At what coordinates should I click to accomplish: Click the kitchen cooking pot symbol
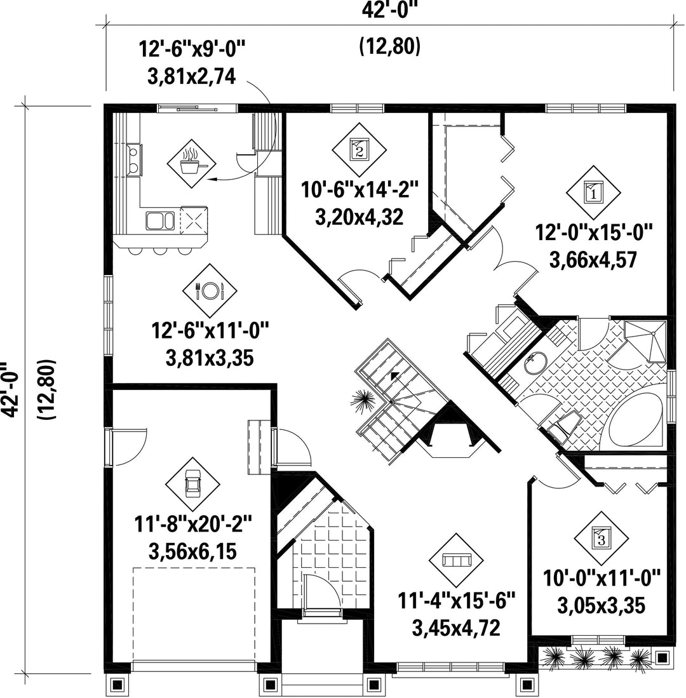191,163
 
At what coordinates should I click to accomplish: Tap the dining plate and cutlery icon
209,291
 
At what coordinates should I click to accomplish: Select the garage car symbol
193,485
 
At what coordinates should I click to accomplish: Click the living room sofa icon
456,560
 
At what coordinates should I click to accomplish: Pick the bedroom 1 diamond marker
593,193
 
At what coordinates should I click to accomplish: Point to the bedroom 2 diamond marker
359,150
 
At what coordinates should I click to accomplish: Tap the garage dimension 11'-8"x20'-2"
193,524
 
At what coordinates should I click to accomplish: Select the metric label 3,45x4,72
456,628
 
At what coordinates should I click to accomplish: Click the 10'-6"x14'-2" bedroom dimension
360,190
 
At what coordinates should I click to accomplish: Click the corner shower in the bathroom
645,340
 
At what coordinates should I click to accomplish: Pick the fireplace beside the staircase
450,429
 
